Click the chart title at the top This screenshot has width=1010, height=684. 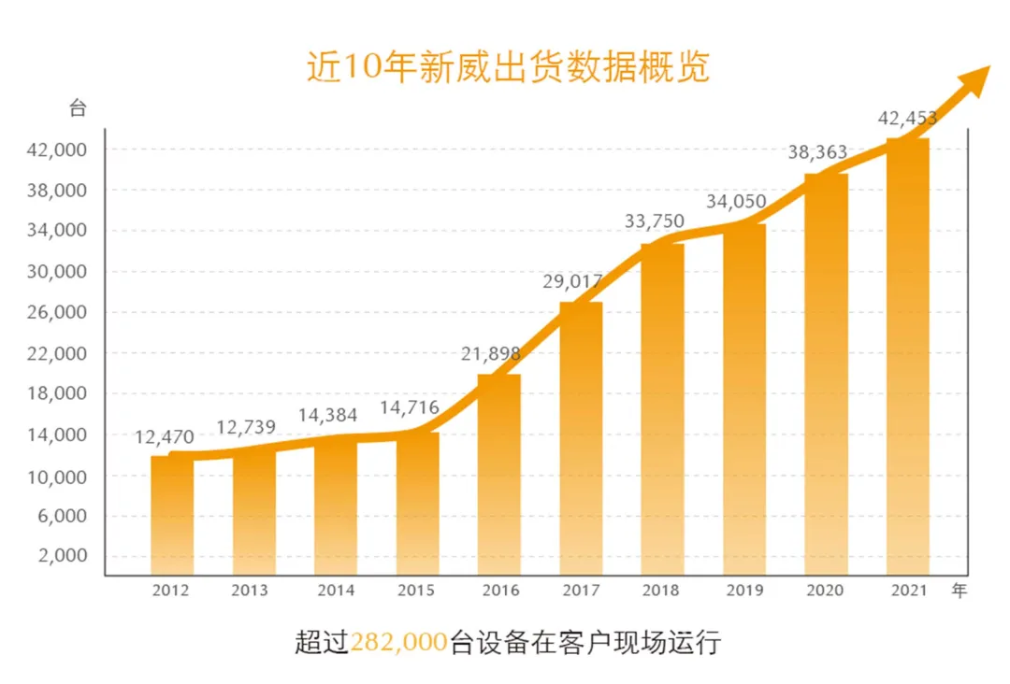(x=508, y=67)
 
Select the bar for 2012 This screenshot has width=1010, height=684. (x=172, y=516)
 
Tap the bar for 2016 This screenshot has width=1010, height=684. (x=499, y=475)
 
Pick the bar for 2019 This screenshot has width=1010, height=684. (x=744, y=399)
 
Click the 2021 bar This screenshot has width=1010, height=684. (x=908, y=356)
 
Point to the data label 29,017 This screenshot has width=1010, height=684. (x=572, y=281)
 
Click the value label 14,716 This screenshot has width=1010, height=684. (x=409, y=407)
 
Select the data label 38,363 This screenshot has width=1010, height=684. (x=817, y=152)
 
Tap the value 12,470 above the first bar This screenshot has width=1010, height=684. (x=165, y=437)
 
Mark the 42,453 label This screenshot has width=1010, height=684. (x=907, y=118)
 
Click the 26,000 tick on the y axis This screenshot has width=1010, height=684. (x=57, y=312)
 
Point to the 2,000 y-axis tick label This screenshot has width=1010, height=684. (x=62, y=555)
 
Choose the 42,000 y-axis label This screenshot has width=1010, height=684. (x=57, y=150)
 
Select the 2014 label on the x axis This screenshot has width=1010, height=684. (x=336, y=590)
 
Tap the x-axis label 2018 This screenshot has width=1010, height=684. (x=660, y=590)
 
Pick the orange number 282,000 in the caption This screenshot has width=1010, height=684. (x=398, y=642)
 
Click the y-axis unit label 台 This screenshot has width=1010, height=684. (x=78, y=108)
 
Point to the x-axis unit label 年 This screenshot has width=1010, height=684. (x=959, y=590)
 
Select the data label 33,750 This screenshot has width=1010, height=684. (x=655, y=221)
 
